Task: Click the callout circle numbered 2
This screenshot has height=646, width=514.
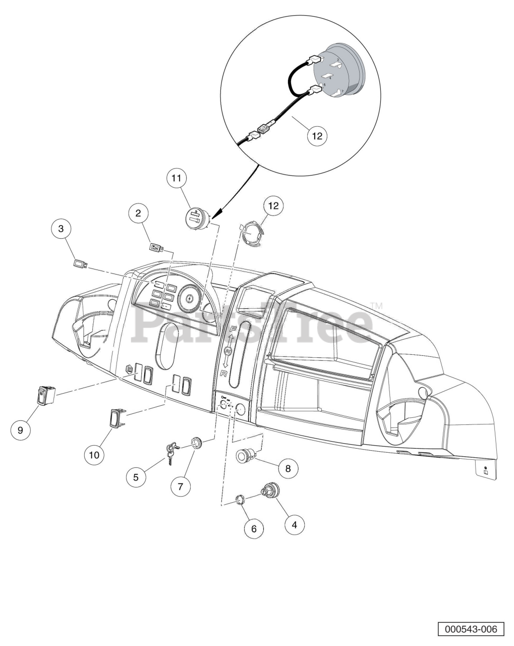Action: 138,213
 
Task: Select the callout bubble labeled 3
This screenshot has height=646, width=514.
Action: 62,229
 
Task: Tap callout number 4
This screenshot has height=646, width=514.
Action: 295,525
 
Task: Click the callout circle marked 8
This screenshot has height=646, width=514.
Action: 288,469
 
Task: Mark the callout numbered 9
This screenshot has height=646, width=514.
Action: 21,430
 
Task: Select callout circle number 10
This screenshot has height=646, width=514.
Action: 94,454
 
